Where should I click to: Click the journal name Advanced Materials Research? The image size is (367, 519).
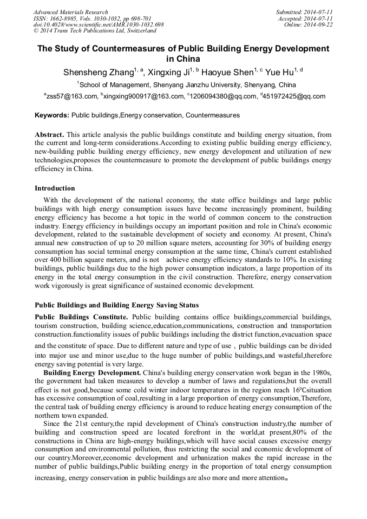click(70, 12)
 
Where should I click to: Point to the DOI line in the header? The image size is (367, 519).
click(99, 25)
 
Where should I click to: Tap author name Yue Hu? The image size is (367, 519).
click(281, 72)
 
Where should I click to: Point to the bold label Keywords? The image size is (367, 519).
click(52, 115)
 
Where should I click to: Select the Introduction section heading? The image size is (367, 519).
click(55, 188)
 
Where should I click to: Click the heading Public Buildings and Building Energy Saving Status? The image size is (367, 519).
click(116, 305)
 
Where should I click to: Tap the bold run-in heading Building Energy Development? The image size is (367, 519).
click(93, 373)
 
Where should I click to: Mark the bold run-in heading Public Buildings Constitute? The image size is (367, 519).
click(81, 316)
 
